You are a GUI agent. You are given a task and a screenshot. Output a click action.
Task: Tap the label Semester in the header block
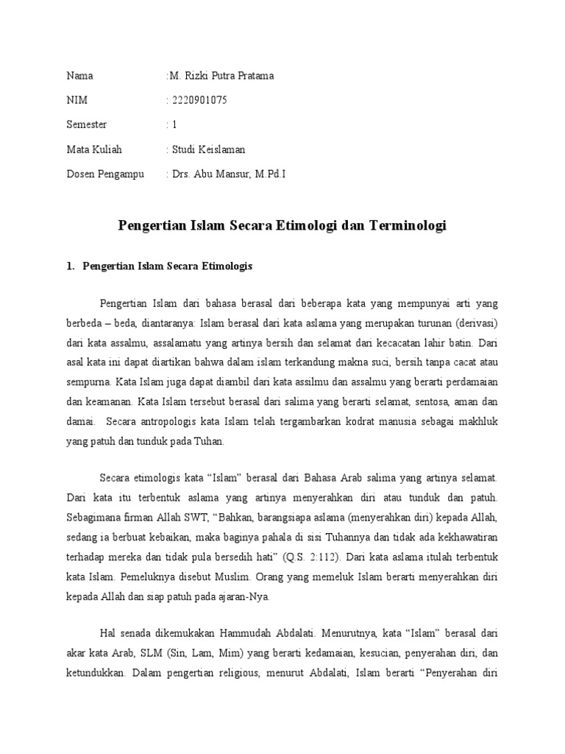point(87,124)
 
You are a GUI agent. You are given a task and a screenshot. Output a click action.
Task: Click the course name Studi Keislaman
point(209,149)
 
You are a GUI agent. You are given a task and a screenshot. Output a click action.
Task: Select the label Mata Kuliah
point(94,149)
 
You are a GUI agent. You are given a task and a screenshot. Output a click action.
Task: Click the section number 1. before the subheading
point(71,266)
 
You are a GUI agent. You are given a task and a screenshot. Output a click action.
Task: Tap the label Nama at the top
point(80,76)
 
